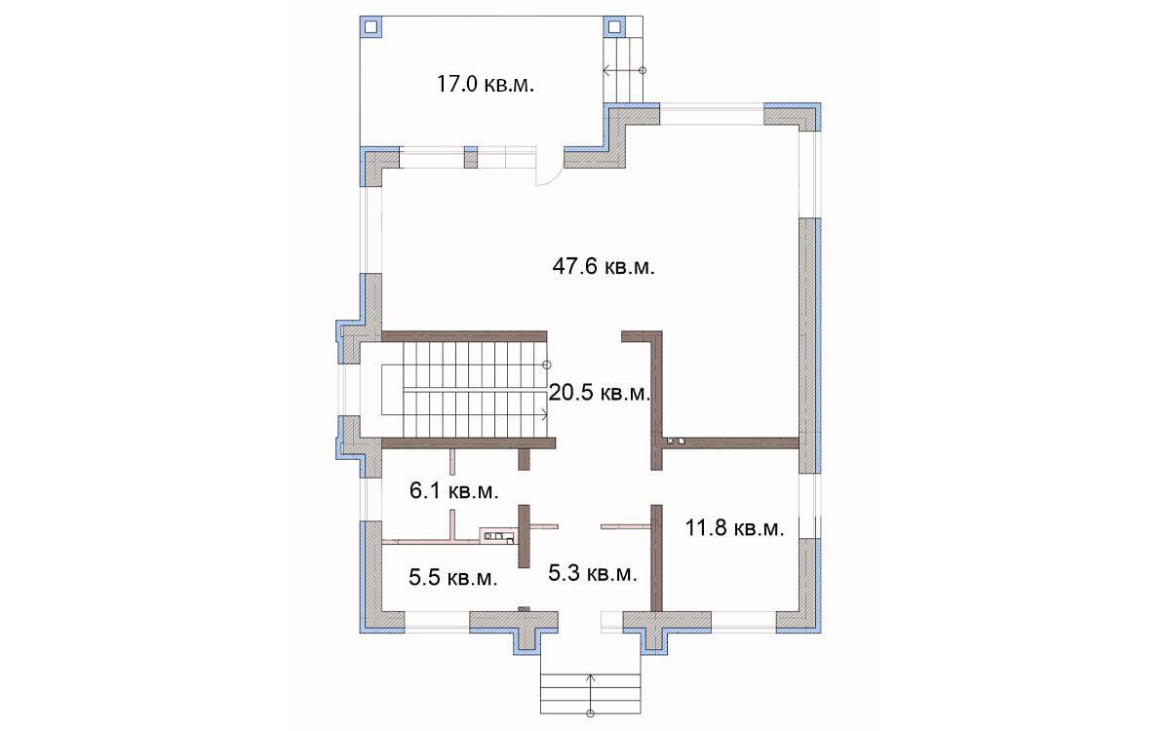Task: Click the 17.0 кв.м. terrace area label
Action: click(486, 84)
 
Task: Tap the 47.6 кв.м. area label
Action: click(604, 266)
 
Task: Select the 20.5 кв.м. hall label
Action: click(599, 393)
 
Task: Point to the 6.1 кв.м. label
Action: click(454, 491)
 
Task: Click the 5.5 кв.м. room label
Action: click(452, 577)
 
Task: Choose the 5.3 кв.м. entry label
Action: click(593, 573)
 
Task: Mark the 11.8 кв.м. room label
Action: click(734, 528)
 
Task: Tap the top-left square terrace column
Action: click(370, 26)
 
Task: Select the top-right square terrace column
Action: click(615, 26)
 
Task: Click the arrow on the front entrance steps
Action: click(590, 693)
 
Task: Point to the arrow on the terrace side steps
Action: click(623, 70)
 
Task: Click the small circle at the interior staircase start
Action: click(546, 365)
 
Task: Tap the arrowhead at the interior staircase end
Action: click(545, 415)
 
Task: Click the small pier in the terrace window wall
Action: click(471, 157)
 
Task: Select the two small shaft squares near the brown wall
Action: click(676, 442)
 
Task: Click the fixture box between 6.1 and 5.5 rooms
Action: click(498, 536)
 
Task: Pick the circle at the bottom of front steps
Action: click(590, 713)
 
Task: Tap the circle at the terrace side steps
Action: click(643, 70)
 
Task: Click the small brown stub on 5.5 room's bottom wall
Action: click(524, 609)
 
